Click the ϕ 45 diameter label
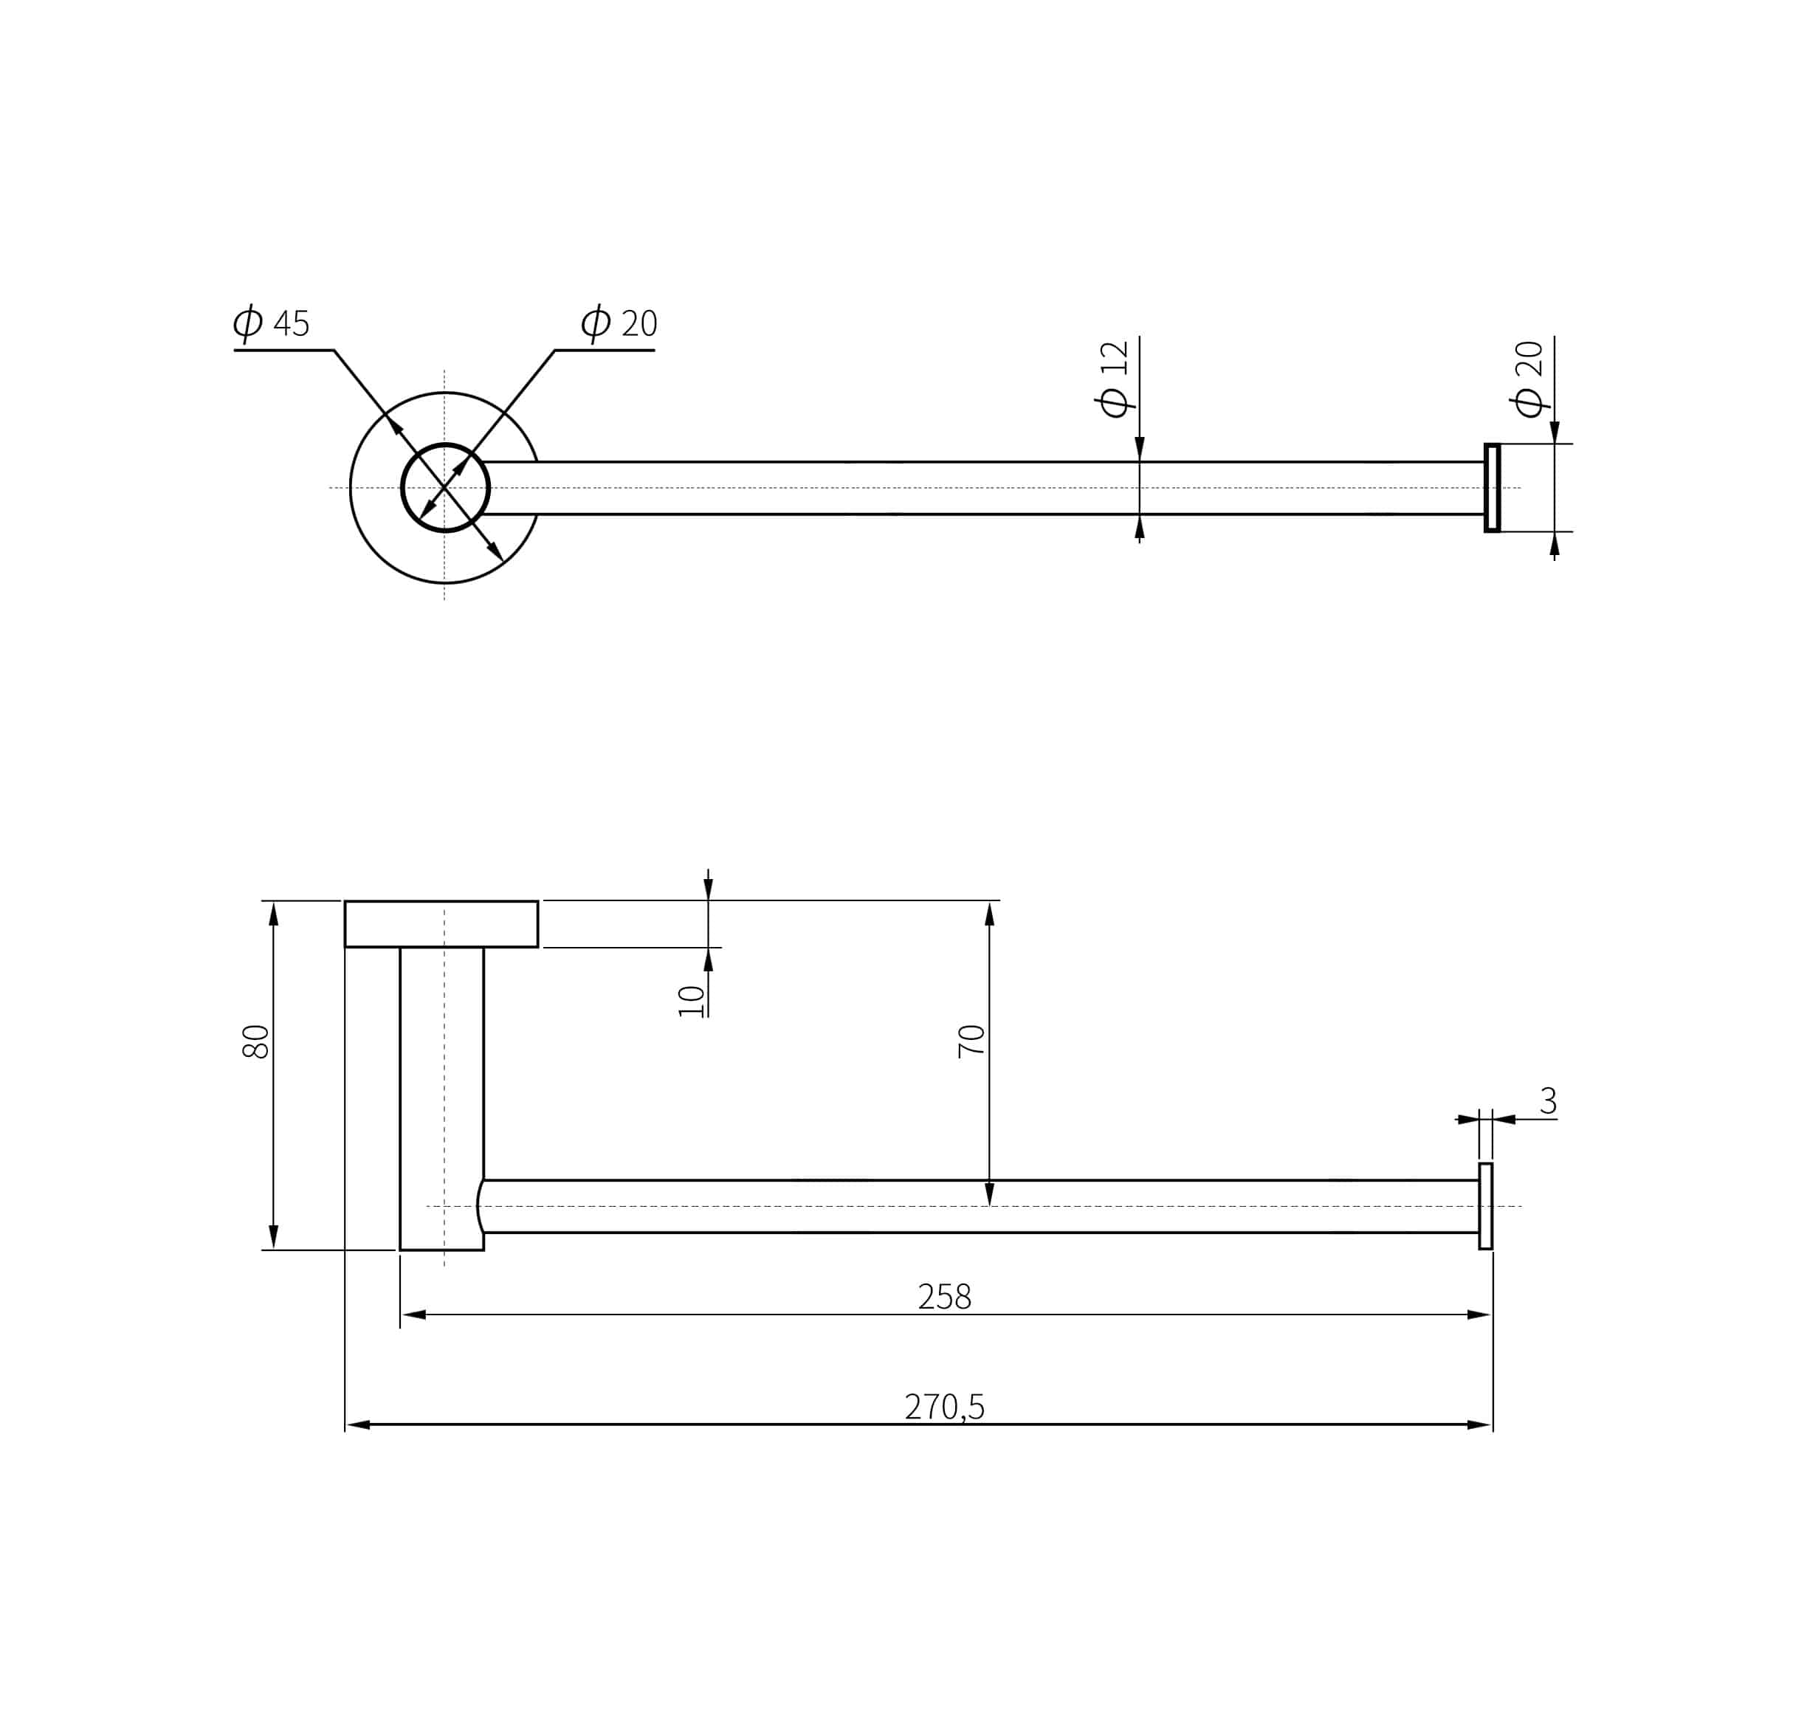coord(271,323)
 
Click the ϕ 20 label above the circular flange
coord(619,323)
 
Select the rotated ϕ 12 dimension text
coord(1114,379)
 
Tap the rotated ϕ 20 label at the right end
coord(1529,379)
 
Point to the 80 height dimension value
coord(255,1041)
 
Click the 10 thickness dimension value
coord(692,1000)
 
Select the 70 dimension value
coord(971,1041)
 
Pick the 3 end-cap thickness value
coord(1548,1100)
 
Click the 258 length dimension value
coord(945,1297)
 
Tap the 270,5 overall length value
coord(945,1407)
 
